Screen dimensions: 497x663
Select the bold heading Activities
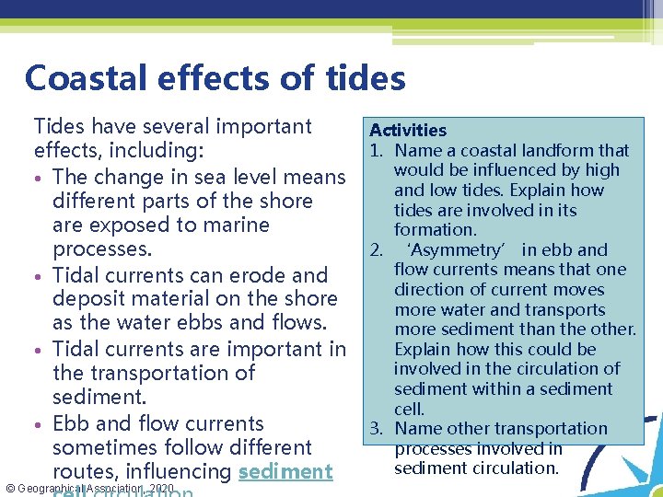408,131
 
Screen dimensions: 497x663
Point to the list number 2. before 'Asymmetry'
377,249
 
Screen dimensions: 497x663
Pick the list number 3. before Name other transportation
377,428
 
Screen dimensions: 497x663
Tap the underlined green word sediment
285,471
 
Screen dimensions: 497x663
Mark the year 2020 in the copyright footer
161,487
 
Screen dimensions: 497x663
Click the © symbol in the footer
9,487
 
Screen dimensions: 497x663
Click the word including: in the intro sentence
175,150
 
